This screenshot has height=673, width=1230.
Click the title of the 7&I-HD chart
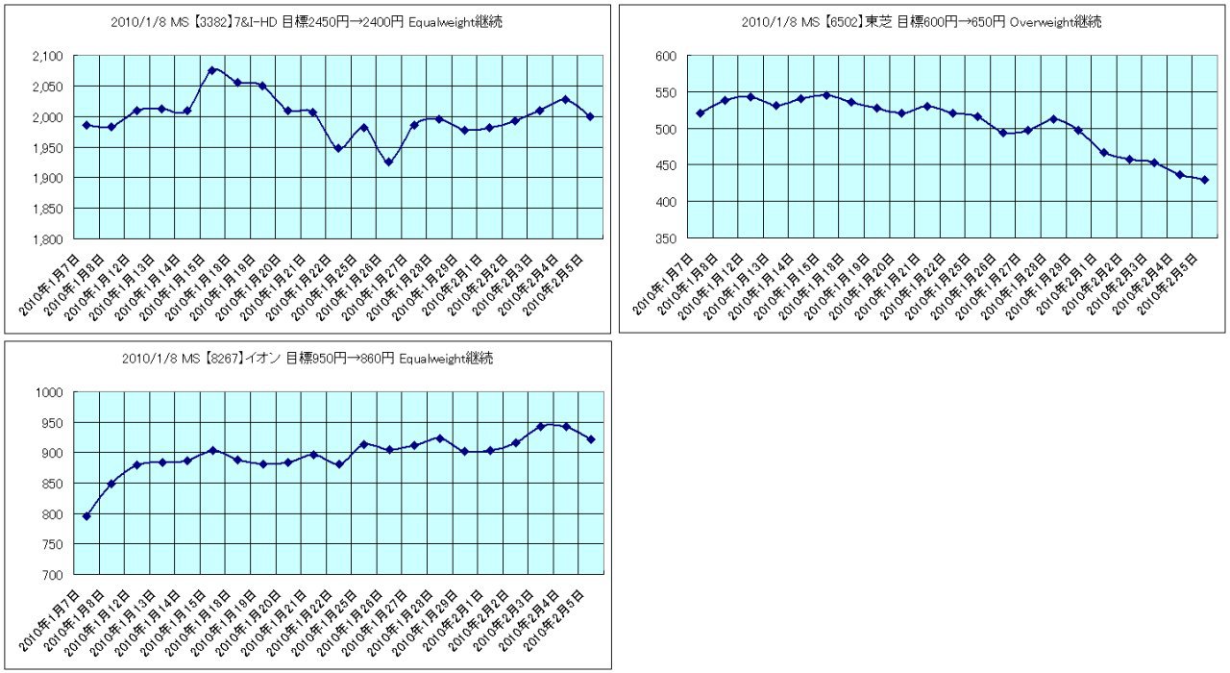click(x=307, y=21)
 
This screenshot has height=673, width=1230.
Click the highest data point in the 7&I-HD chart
click(x=212, y=70)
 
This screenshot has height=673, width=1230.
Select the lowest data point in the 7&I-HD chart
click(x=388, y=162)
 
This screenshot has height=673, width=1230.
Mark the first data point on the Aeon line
click(x=86, y=516)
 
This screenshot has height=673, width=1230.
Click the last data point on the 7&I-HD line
click(x=590, y=116)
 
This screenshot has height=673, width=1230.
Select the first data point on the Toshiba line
click(x=701, y=113)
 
